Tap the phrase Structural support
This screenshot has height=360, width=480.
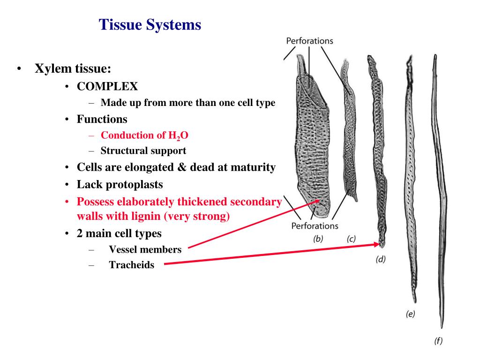click(x=143, y=151)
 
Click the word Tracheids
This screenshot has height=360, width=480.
click(x=131, y=265)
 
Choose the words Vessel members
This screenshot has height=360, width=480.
click(x=145, y=250)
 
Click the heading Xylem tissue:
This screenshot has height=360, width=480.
click(x=73, y=69)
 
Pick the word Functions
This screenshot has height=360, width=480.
click(x=102, y=119)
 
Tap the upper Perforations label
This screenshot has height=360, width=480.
click(x=309, y=41)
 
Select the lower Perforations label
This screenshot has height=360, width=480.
click(x=315, y=226)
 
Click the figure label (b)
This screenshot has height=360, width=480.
click(x=318, y=239)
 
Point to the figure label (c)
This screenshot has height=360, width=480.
click(x=351, y=239)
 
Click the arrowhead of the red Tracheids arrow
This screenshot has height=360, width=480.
click(x=379, y=244)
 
